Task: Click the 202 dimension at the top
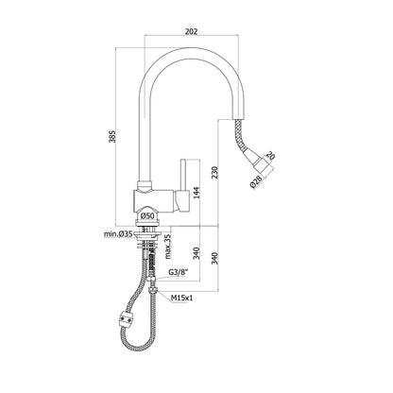[191, 31]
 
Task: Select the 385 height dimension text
[112, 136]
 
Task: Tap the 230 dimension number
[214, 172]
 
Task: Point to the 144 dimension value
[196, 193]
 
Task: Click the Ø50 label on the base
[147, 216]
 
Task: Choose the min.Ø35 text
[118, 234]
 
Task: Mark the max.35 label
[168, 247]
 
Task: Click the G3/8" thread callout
[179, 273]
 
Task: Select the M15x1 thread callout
[181, 298]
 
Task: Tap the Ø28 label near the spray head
[257, 182]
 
